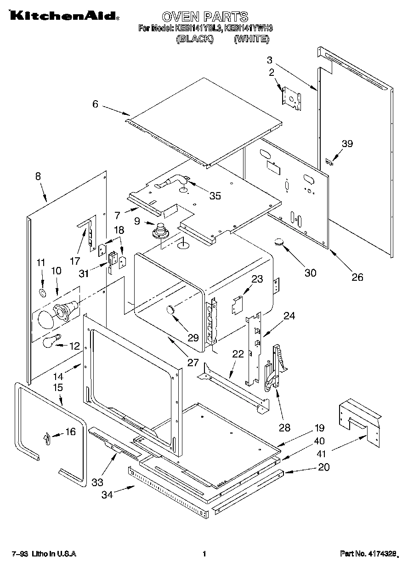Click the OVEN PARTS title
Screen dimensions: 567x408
click(x=205, y=17)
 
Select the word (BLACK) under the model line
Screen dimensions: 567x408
click(x=195, y=39)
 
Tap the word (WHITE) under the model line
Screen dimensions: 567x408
click(x=251, y=39)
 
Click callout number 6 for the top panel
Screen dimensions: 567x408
click(x=95, y=104)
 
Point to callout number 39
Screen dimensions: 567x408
click(x=347, y=144)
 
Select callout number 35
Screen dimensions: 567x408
click(x=215, y=196)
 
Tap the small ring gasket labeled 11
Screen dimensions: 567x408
click(x=43, y=293)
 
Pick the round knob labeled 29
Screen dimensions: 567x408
click(x=171, y=310)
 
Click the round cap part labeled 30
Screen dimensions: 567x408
click(x=280, y=242)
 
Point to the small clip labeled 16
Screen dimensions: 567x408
click(x=47, y=440)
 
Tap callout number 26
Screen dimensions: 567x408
click(x=357, y=277)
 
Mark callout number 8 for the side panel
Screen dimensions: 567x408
click(x=38, y=176)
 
